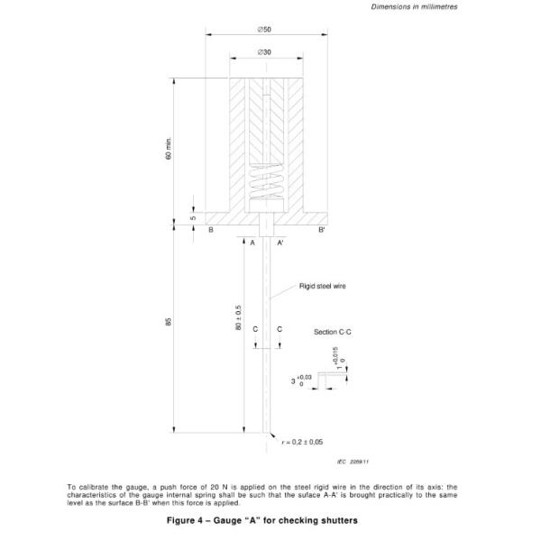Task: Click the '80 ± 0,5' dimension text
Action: (x=239, y=320)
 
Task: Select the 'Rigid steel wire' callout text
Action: (x=323, y=286)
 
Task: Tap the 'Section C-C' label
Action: (x=333, y=333)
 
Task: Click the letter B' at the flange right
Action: (x=322, y=231)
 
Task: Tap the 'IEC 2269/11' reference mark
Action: (x=358, y=462)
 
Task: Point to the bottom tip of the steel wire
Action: (x=268, y=433)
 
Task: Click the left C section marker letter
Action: (x=256, y=329)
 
